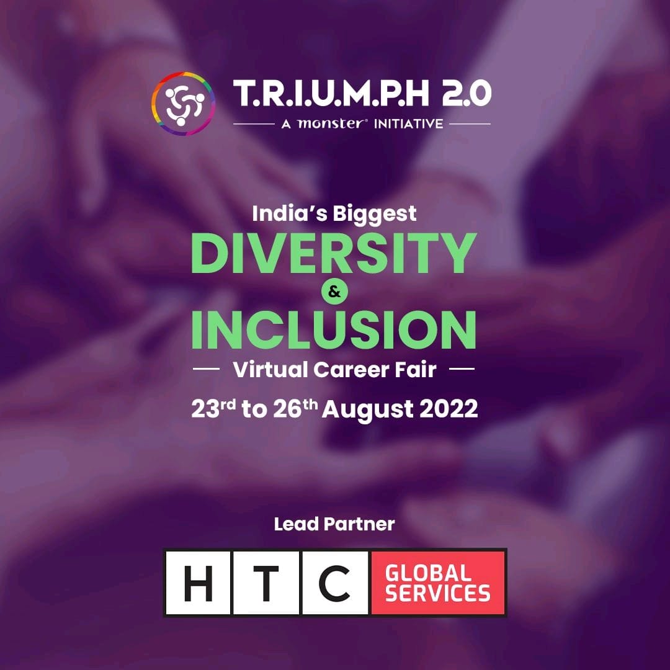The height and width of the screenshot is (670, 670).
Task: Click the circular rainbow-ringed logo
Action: click(x=183, y=104)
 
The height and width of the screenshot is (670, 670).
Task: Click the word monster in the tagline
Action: click(x=332, y=123)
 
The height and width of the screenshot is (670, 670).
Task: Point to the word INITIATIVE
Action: click(x=408, y=124)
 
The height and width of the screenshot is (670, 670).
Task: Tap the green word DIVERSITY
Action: click(x=334, y=253)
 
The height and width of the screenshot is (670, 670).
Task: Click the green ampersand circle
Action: click(x=334, y=292)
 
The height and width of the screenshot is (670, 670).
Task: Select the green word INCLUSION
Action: click(x=334, y=329)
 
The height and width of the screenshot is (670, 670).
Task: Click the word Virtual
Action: click(x=270, y=370)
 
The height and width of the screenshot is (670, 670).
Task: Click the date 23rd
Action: click(x=213, y=408)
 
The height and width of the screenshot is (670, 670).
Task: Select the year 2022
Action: click(x=449, y=409)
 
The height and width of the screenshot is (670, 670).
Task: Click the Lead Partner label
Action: click(x=334, y=524)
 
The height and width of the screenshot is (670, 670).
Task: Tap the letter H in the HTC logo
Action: click(x=198, y=583)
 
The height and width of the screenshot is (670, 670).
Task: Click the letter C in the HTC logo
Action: click(x=334, y=583)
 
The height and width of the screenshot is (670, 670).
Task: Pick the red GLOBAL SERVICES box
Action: click(x=438, y=583)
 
